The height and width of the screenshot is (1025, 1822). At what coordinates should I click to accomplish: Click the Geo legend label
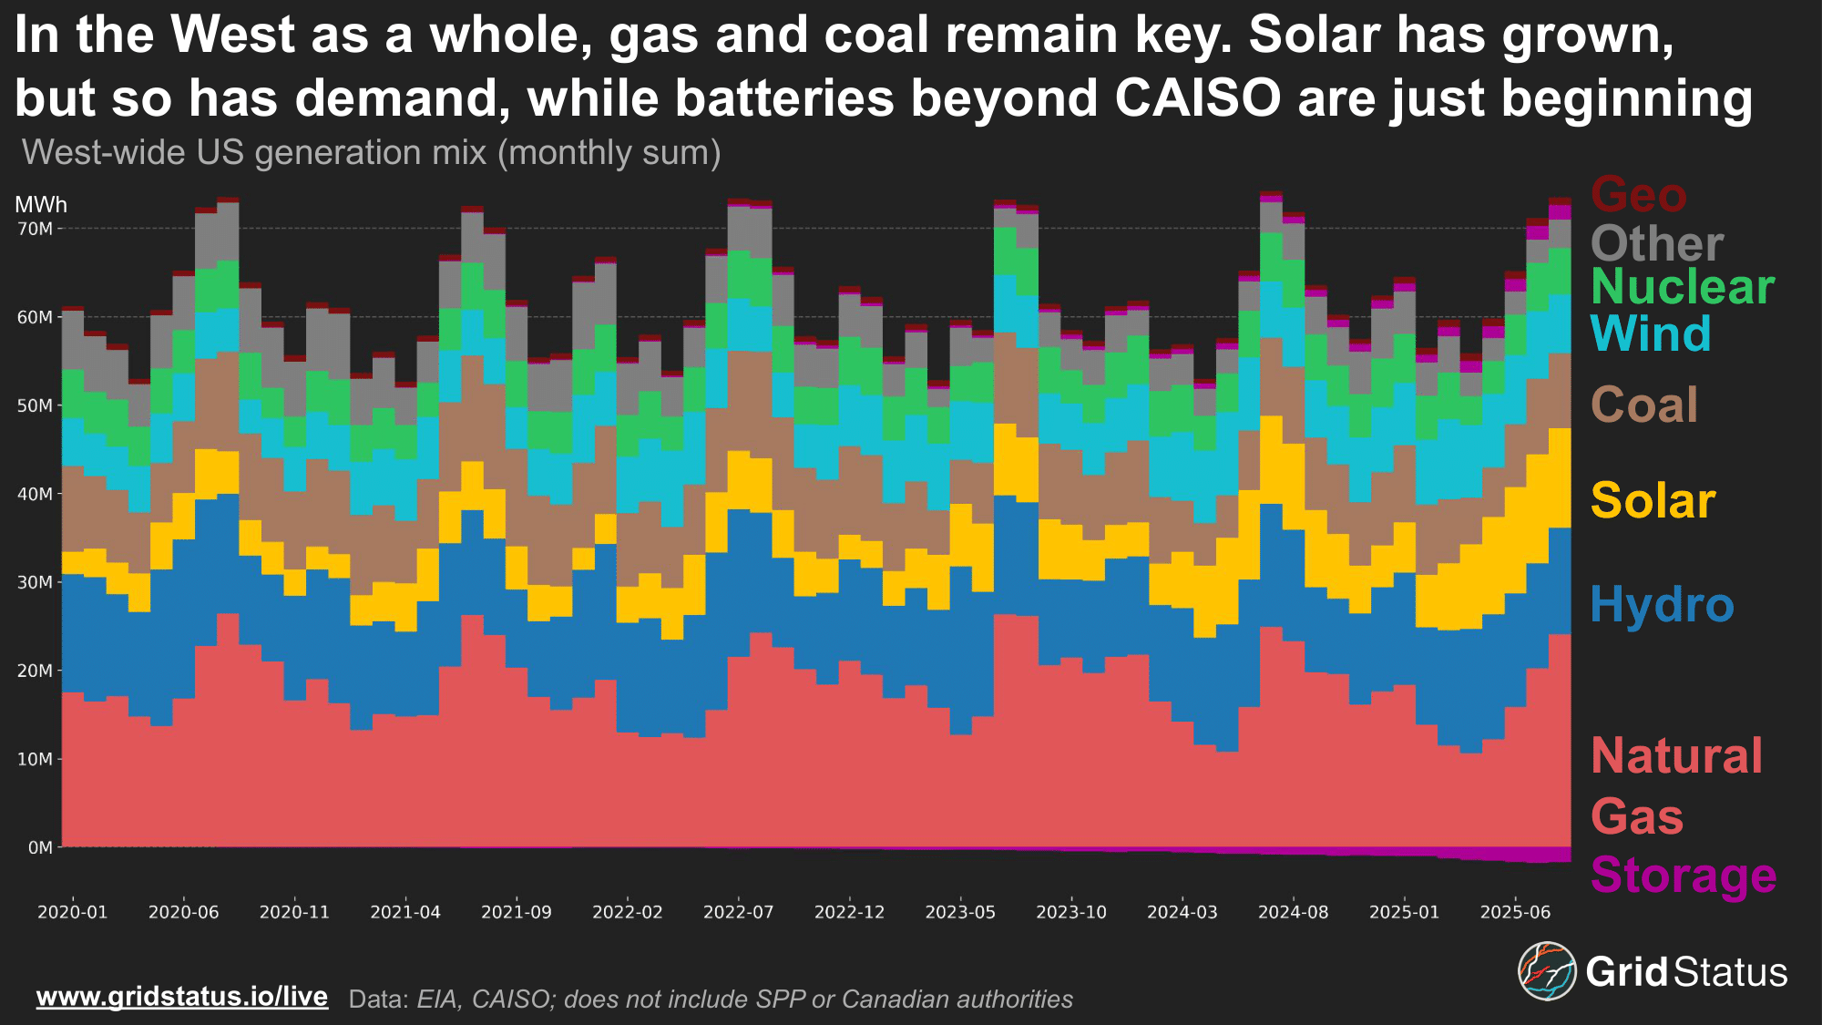[x=1638, y=195]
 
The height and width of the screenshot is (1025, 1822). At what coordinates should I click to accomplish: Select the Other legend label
[x=1656, y=244]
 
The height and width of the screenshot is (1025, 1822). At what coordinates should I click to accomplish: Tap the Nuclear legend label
[x=1682, y=287]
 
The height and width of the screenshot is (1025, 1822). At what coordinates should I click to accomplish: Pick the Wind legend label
[x=1650, y=333]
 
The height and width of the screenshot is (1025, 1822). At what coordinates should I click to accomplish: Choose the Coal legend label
[x=1643, y=405]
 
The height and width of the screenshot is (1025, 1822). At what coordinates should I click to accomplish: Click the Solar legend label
[x=1653, y=501]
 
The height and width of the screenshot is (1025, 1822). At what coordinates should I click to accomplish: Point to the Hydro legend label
[x=1662, y=605]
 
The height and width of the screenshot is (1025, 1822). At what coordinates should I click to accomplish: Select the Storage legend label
[x=1683, y=876]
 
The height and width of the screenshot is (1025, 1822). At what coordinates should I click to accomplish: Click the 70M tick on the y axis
[x=36, y=229]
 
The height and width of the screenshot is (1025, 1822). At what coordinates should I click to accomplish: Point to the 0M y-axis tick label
[x=40, y=848]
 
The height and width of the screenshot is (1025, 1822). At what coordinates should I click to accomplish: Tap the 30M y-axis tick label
[x=36, y=583]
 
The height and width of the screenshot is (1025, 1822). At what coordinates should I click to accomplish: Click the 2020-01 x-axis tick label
[x=72, y=912]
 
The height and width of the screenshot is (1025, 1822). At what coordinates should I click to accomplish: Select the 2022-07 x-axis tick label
[x=738, y=912]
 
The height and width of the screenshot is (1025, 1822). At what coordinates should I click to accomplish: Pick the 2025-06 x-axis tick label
[x=1515, y=912]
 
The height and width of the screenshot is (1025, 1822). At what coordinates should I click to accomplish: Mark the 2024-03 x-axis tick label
[x=1182, y=912]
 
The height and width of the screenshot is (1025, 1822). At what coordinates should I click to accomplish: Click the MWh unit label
[x=41, y=205]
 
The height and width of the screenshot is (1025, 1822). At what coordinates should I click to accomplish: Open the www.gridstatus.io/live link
[x=181, y=997]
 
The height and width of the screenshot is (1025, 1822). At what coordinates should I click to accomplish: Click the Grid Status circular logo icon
[x=1546, y=971]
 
